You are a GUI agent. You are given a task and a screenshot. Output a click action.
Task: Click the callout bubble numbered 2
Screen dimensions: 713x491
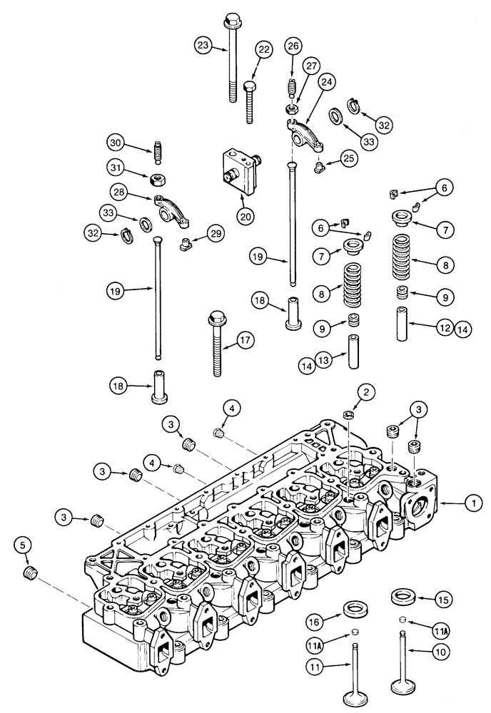coord(365,391)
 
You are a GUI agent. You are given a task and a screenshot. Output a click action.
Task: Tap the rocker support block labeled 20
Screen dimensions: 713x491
coord(239,168)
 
